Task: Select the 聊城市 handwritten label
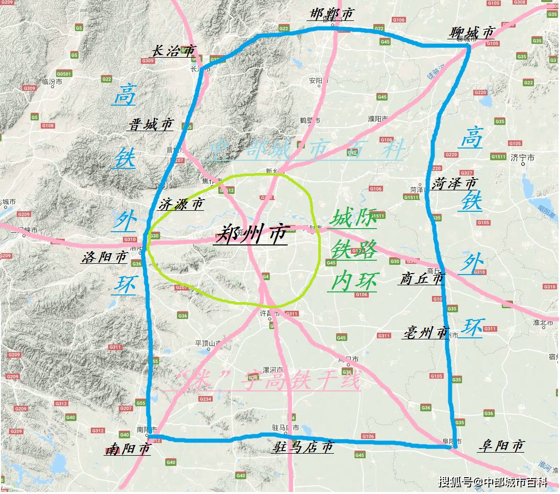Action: (472, 33)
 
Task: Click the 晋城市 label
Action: (151, 124)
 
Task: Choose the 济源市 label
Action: (181, 205)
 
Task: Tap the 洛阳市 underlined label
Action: (104, 257)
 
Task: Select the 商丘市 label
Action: (422, 279)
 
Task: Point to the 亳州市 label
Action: (425, 333)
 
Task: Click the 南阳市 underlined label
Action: (128, 449)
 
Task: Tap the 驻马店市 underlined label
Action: (303, 447)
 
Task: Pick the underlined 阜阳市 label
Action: (501, 446)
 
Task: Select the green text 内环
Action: (354, 281)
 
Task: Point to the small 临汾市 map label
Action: (52, 81)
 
